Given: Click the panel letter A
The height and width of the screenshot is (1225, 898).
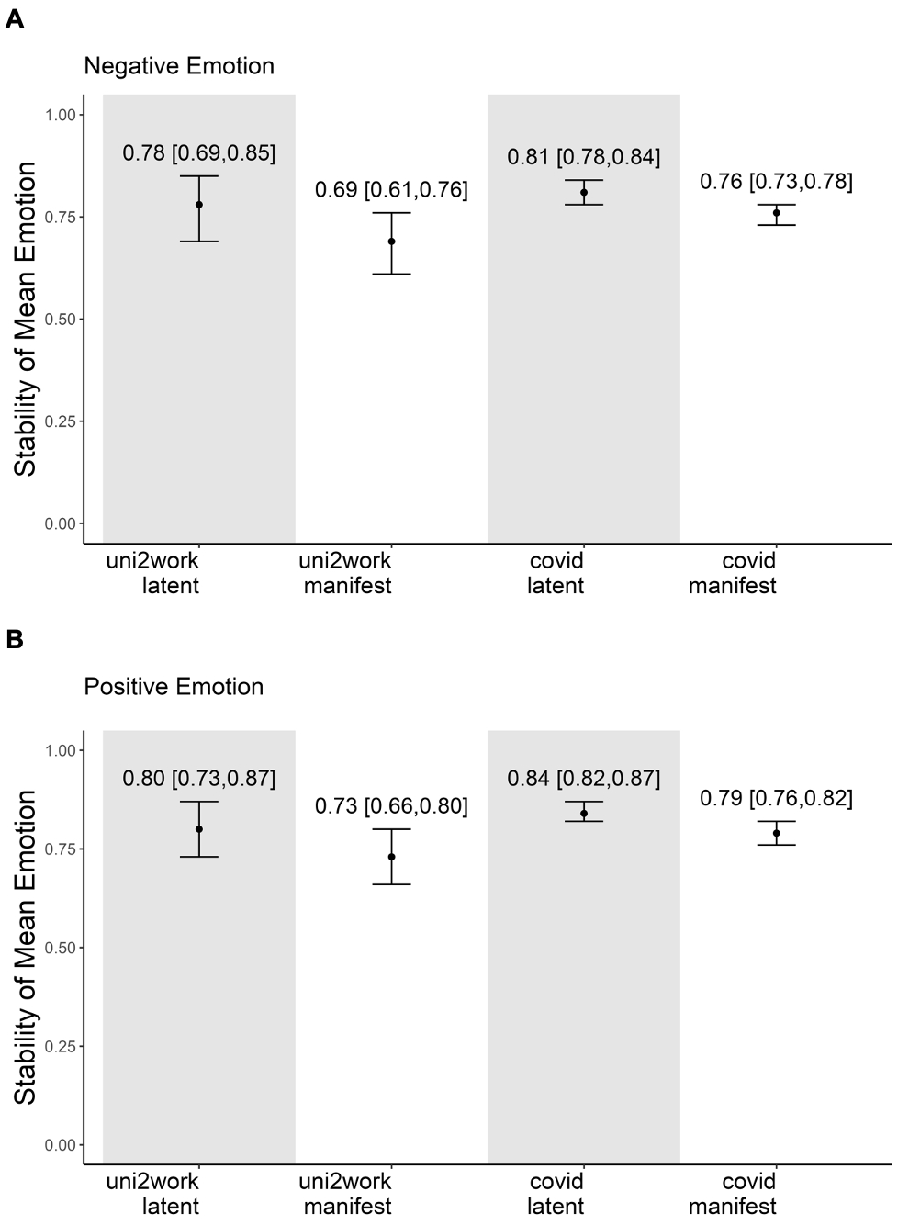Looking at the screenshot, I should [15, 19].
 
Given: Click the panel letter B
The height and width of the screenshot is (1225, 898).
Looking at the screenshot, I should [15, 639].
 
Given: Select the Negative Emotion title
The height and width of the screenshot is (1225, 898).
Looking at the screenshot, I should [179, 66].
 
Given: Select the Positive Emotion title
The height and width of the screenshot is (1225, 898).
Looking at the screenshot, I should [174, 687].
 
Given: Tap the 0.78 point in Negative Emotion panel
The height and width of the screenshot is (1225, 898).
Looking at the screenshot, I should [199, 205].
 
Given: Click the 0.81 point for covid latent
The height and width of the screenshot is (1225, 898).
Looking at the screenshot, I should [584, 192].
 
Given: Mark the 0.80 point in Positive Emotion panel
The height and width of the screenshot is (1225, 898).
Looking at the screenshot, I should [199, 829].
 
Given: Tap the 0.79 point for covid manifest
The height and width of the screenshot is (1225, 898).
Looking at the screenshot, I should [777, 833].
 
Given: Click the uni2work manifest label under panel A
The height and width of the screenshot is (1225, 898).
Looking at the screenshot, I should [348, 573].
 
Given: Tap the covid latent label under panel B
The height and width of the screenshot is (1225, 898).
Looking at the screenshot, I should [556, 1193].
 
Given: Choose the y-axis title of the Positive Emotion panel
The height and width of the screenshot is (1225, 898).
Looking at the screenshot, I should [26, 947].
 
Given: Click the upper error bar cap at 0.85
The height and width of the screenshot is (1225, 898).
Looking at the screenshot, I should [199, 175].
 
